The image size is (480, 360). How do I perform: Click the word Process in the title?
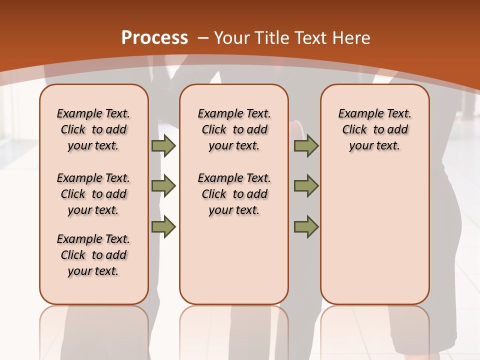pos(154,38)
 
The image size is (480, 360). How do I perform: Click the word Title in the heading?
pos(269,38)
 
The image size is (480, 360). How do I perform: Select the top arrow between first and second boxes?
pos(163,146)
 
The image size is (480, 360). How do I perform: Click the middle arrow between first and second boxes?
pos(163,186)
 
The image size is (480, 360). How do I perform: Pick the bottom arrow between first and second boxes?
pos(163,227)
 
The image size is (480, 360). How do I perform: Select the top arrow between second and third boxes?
pos(306,146)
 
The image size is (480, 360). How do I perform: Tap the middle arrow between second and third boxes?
pos(306,186)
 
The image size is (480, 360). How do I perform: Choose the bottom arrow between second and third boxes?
pos(306,227)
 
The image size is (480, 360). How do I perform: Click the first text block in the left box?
pos(93,129)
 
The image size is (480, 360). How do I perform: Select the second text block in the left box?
pos(93,194)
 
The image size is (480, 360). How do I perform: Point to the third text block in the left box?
pos(93,255)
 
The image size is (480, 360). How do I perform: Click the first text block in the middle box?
pos(234,129)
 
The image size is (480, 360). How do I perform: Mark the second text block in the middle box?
pos(234,194)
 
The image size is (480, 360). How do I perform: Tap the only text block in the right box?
pos(374,129)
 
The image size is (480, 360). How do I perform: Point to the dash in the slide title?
pos(203,38)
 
